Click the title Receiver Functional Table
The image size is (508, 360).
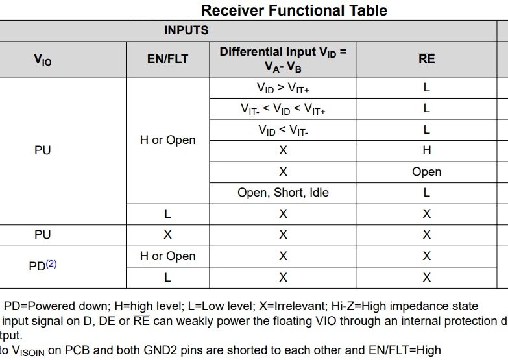[x=294, y=10]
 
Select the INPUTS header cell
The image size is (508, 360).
[x=186, y=30]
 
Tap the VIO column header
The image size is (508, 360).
[x=42, y=60]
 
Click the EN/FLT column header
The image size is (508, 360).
[x=167, y=59]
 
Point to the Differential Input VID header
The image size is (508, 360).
[x=283, y=59]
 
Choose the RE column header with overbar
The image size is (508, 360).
[x=426, y=59]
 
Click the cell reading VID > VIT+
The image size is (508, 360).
[x=283, y=88]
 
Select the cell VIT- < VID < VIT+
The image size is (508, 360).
[x=283, y=109]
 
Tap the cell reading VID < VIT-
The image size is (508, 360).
[x=283, y=130]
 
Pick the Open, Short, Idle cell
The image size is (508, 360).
[x=283, y=193]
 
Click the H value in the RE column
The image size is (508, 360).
[x=426, y=150]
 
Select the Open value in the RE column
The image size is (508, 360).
[x=426, y=172]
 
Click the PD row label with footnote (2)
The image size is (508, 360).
[x=43, y=266]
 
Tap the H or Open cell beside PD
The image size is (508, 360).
[x=167, y=256]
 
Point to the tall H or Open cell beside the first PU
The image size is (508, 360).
[x=167, y=140]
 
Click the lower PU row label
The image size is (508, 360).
[x=42, y=235]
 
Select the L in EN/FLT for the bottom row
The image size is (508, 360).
[x=167, y=278]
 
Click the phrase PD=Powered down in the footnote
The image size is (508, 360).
[x=45, y=306]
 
